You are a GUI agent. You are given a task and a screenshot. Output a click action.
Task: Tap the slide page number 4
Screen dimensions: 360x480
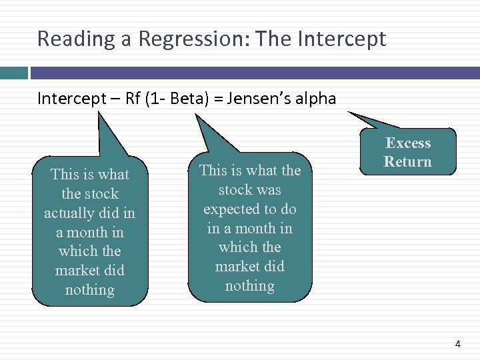(457, 344)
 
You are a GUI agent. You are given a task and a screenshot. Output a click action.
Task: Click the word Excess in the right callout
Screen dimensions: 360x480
(408, 143)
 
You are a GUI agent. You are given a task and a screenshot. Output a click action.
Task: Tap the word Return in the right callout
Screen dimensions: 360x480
(408, 162)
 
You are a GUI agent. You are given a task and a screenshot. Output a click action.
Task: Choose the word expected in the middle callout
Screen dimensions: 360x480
(231, 209)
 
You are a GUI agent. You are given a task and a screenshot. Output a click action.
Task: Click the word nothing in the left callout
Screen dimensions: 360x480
(90, 290)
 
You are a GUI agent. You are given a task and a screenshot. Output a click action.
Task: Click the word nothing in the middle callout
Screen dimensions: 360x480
(250, 286)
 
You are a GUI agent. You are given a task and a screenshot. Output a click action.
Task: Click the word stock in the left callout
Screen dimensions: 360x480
(99, 194)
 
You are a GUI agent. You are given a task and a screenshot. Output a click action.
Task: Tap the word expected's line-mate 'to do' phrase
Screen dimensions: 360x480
(280, 209)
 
